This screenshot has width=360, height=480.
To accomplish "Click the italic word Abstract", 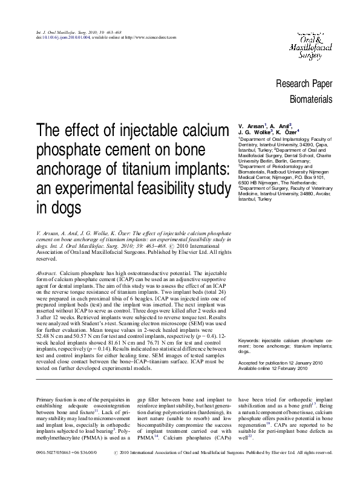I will click(47, 274).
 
